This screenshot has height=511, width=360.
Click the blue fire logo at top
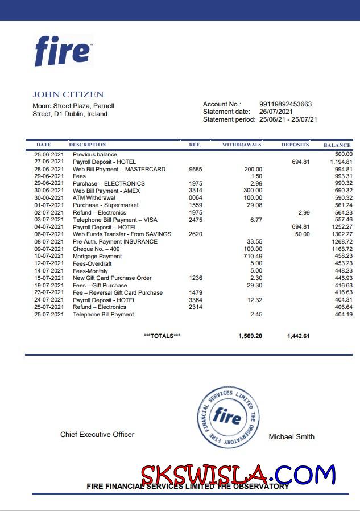click(x=63, y=51)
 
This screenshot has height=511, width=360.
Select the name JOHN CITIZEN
click(x=68, y=94)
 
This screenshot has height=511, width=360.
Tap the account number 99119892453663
click(x=285, y=104)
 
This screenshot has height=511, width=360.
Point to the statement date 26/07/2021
click(x=276, y=112)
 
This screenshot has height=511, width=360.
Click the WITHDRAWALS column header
click(x=242, y=145)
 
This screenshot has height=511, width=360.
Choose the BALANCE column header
click(x=337, y=145)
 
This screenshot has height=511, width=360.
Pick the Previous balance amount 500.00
click(x=344, y=154)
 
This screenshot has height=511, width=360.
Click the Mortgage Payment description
click(x=97, y=256)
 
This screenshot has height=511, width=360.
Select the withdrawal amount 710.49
click(x=253, y=256)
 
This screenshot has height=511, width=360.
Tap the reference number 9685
click(x=195, y=169)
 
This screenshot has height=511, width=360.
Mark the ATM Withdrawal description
click(x=94, y=198)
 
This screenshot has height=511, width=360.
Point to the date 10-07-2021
click(x=49, y=256)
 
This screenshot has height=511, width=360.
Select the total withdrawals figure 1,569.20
click(x=250, y=336)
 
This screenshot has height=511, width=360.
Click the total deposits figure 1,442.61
click(x=299, y=336)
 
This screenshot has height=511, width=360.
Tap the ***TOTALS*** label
click(x=162, y=336)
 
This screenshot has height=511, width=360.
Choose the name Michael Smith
click(x=291, y=436)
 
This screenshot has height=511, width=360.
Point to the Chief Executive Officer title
click(x=97, y=435)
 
